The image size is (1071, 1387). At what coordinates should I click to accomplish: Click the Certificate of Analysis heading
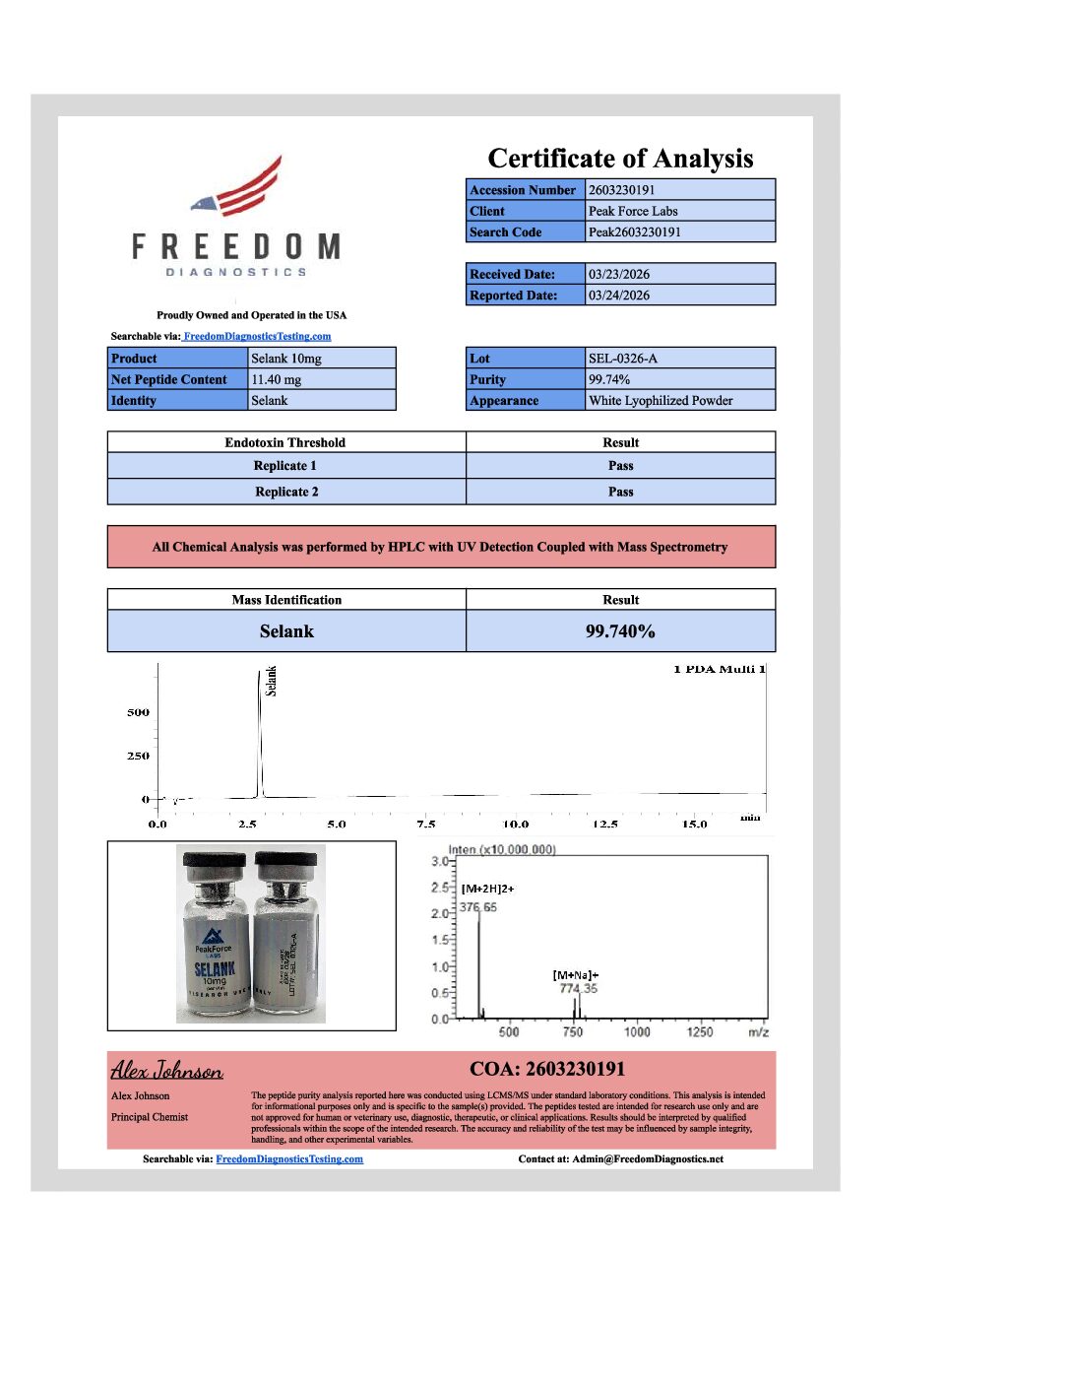[x=620, y=159]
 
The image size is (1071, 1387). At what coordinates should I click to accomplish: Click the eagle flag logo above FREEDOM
[x=239, y=188]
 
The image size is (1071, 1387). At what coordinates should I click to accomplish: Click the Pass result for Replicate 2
[x=620, y=492]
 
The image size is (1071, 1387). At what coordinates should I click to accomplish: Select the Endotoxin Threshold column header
[x=285, y=442]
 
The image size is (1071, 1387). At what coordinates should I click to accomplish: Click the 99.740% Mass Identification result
[x=620, y=631]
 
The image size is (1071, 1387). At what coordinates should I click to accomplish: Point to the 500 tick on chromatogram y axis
[x=138, y=712]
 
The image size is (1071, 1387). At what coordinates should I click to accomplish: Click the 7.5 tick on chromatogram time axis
[x=426, y=825]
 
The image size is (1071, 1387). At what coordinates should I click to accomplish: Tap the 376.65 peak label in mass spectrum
[x=479, y=907]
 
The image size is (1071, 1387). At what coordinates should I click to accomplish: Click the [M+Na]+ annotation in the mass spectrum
[x=576, y=974]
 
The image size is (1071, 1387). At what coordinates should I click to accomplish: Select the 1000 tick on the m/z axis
[x=637, y=1032]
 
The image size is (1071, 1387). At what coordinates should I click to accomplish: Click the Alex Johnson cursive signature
[x=166, y=1070]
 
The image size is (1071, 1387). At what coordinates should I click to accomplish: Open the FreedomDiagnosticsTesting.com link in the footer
[x=289, y=1159]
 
